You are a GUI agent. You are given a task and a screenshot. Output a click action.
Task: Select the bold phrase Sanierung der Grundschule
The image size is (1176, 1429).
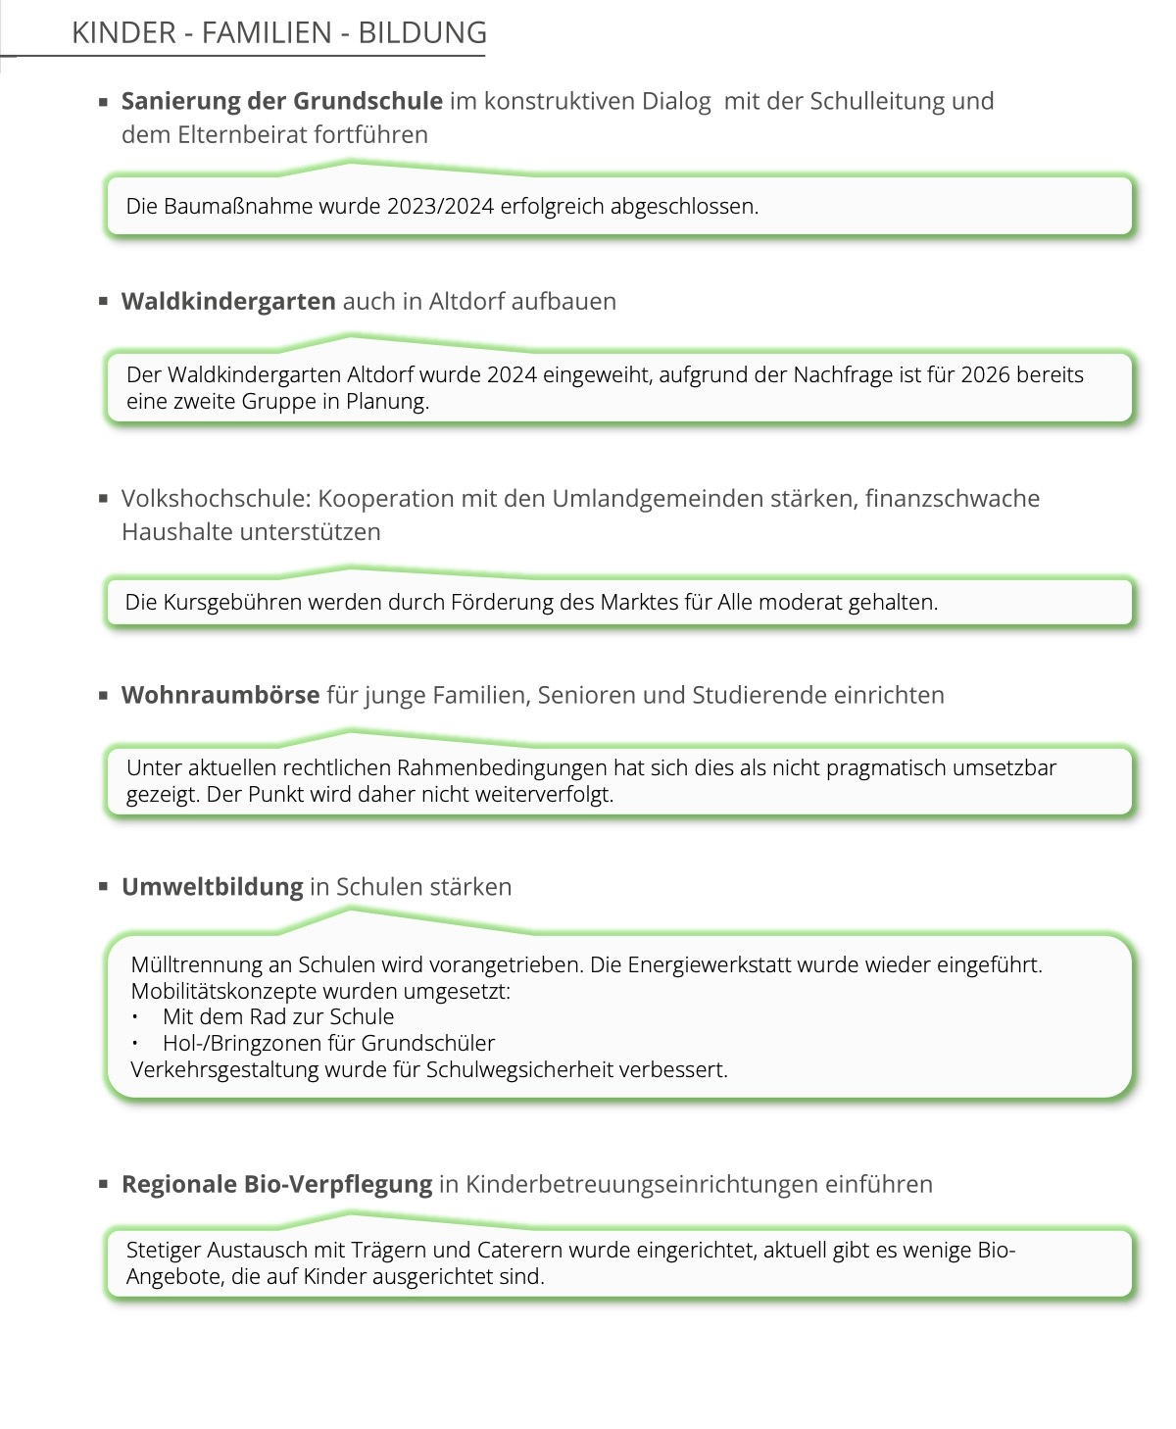click(282, 101)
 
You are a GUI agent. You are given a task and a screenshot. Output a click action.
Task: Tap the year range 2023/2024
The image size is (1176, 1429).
click(440, 206)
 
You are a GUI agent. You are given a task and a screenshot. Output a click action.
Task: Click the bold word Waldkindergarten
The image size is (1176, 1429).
click(228, 301)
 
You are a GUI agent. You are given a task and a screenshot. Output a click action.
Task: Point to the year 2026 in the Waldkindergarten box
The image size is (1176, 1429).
click(985, 374)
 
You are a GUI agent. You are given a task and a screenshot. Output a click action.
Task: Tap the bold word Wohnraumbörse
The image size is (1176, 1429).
click(220, 695)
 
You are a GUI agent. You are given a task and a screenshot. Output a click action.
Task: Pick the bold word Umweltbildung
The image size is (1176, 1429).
click(213, 886)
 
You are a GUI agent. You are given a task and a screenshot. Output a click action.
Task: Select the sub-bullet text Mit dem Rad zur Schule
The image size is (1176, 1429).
click(278, 1016)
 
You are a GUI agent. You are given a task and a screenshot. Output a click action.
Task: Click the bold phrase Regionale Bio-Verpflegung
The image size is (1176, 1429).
click(276, 1184)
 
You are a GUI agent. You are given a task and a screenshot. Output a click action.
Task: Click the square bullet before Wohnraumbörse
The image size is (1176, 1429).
click(103, 695)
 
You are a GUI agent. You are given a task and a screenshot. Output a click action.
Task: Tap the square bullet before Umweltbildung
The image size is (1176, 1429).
click(103, 886)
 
